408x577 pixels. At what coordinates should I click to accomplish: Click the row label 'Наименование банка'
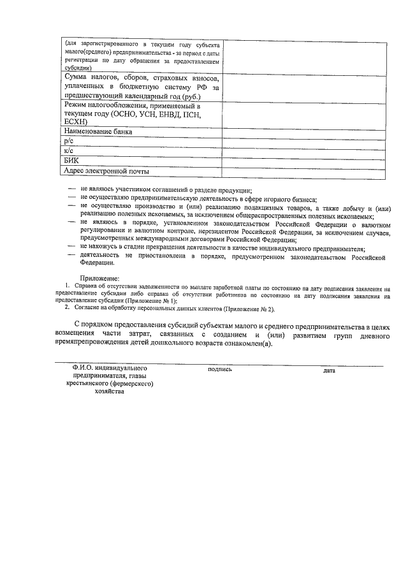click(x=98, y=133)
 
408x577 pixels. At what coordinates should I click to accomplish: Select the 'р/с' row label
click(x=69, y=143)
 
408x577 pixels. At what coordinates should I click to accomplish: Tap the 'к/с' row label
click(x=69, y=152)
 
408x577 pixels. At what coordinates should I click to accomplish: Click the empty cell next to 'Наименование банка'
click(x=303, y=133)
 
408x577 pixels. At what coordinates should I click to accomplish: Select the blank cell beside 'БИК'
click(x=303, y=163)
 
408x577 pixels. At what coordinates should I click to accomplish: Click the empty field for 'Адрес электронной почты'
click(x=303, y=172)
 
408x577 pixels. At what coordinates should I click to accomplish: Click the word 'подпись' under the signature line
click(x=220, y=370)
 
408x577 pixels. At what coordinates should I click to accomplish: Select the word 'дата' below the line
click(x=329, y=370)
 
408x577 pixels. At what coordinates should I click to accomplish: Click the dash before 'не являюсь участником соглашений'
click(x=72, y=190)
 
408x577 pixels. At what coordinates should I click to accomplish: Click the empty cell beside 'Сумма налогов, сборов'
click(x=303, y=87)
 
